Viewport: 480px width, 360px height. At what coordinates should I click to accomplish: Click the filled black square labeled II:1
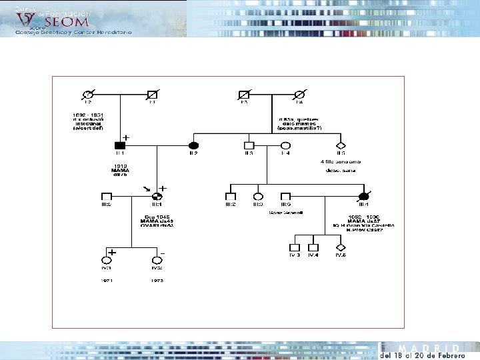[120, 145]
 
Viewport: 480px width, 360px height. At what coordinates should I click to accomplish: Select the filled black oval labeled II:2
[194, 145]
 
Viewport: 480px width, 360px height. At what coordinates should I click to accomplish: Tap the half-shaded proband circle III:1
[157, 197]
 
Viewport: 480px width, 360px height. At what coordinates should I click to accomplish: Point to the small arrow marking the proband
[147, 189]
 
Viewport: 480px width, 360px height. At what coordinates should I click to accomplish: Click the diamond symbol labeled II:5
[341, 145]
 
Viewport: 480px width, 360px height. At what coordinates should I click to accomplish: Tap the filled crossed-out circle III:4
[365, 197]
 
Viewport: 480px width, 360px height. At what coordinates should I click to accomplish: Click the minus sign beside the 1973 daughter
[162, 253]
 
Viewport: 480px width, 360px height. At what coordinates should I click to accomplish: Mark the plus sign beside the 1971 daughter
[113, 253]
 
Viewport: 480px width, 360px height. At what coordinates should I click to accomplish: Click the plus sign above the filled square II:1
[126, 137]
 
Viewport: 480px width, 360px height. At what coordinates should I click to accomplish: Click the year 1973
[157, 281]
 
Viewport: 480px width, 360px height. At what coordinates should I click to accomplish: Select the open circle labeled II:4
[285, 145]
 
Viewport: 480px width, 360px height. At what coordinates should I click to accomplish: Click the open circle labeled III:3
[258, 197]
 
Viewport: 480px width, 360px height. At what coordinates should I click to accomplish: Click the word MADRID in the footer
[428, 349]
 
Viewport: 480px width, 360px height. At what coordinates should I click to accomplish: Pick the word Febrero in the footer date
[448, 356]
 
